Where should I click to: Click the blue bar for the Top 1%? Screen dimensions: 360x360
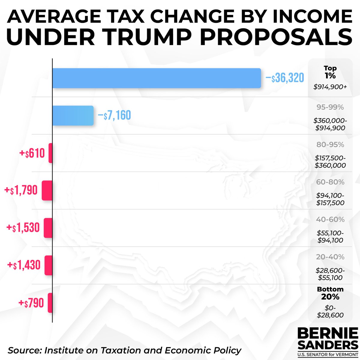click(156, 78)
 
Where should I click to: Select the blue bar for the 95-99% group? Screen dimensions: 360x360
click(73, 115)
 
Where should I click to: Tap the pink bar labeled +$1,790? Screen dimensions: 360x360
click(47, 190)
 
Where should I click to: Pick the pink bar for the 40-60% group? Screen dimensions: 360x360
click(48, 228)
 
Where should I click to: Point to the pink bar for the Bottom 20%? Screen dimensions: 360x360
click(50, 303)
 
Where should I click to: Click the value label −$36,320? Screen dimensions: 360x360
click(285, 78)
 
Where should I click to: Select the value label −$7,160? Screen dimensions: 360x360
click(114, 115)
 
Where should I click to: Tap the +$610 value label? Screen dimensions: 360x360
click(32, 153)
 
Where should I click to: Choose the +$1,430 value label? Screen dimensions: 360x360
click(24, 265)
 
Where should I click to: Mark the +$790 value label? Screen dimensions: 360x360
click(31, 303)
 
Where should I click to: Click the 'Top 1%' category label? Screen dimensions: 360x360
click(330, 72)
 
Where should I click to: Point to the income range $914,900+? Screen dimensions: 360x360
click(330, 87)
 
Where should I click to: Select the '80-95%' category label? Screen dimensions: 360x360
click(330, 145)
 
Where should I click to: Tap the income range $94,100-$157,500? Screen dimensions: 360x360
click(330, 199)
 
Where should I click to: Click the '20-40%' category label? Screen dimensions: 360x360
click(330, 257)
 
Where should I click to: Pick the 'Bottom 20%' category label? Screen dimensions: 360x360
click(330, 293)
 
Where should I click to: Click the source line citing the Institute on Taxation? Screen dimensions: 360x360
click(124, 350)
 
